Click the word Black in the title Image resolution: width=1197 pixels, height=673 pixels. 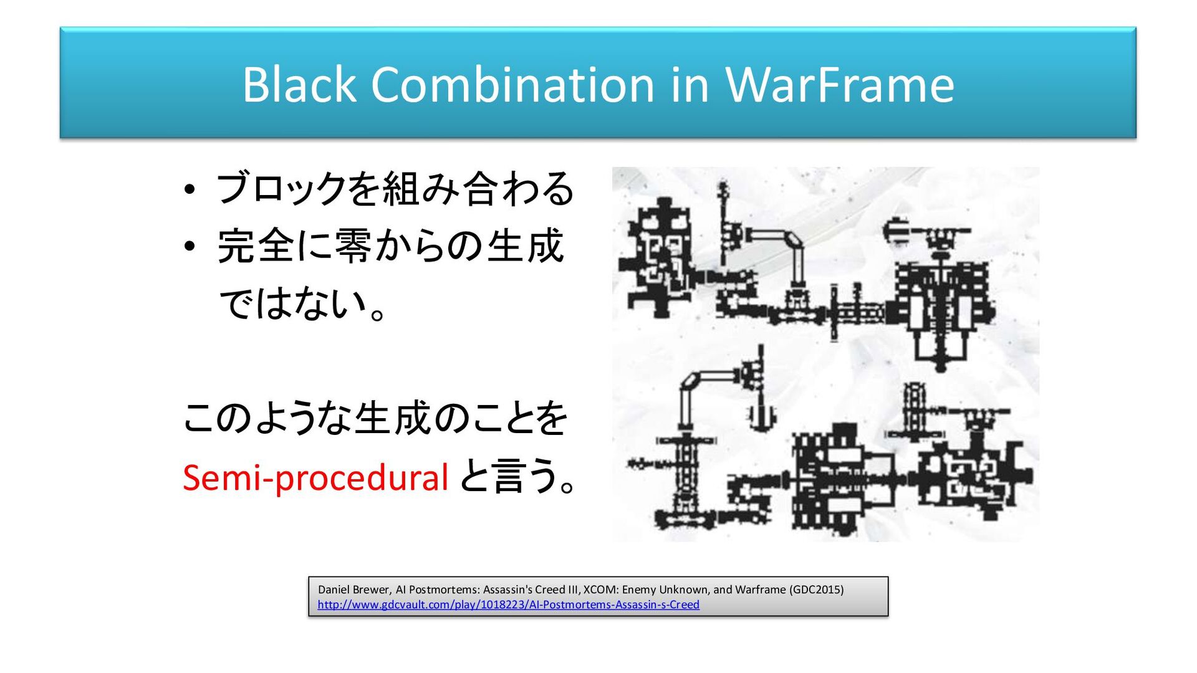coord(299,85)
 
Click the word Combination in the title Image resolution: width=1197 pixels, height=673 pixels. coord(513,85)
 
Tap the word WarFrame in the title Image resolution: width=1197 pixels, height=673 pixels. coord(840,85)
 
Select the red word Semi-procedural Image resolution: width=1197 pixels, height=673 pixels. coord(315,478)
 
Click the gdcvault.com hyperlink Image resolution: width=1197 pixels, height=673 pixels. coord(508,604)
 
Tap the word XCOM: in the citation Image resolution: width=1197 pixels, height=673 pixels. coord(601,589)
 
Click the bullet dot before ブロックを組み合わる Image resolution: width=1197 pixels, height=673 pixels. coord(190,189)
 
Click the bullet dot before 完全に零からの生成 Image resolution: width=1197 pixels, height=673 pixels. coord(190,247)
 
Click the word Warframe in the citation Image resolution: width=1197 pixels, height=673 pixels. coord(760,589)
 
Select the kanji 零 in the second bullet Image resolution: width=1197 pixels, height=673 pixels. coord(353,247)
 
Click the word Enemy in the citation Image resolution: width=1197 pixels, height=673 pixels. coord(639,589)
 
